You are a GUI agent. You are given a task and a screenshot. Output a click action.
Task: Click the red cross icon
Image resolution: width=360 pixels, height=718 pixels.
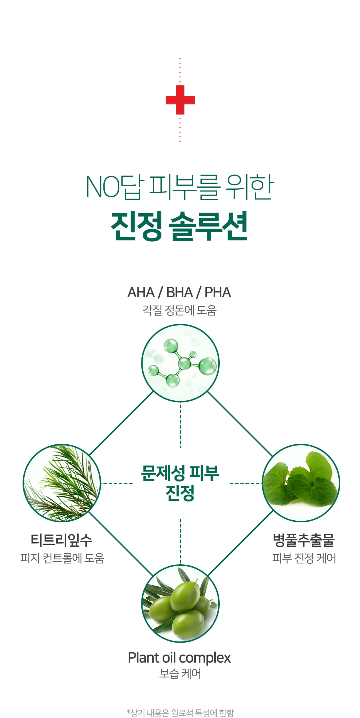click(x=180, y=100)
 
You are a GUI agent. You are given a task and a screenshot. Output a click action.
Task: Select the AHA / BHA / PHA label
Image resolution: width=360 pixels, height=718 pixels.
click(x=179, y=292)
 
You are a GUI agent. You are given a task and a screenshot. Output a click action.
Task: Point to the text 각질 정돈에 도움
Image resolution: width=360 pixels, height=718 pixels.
click(x=179, y=310)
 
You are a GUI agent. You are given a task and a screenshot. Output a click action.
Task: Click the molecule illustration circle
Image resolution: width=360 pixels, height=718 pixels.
click(x=180, y=363)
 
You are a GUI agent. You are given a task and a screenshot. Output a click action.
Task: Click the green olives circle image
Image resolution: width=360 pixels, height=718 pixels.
click(x=180, y=604)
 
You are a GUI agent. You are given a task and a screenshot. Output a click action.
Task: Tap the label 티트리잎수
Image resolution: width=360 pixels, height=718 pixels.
click(x=61, y=540)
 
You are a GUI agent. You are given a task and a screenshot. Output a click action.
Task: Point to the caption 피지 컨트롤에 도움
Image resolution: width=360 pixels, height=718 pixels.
click(x=62, y=558)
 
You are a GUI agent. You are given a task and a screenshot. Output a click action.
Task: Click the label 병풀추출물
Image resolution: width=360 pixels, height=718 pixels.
click(x=304, y=540)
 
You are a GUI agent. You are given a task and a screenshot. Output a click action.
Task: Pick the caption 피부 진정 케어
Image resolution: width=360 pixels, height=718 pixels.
click(x=304, y=558)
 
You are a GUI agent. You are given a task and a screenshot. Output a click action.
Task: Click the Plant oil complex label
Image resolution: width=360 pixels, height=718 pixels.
click(x=179, y=658)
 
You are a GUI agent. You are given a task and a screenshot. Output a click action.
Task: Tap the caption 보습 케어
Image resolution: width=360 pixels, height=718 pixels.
click(x=180, y=674)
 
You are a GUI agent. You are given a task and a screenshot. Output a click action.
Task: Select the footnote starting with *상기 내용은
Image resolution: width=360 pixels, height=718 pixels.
click(x=180, y=713)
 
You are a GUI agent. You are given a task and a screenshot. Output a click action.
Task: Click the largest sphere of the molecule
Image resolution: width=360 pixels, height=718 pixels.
click(x=208, y=366)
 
